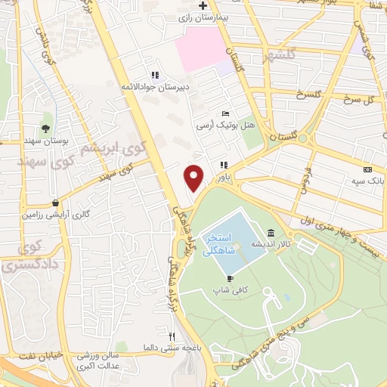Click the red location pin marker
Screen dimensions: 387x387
[x=194, y=178]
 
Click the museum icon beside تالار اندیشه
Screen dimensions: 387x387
[x=271, y=232]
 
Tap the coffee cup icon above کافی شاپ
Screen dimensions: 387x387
[x=220, y=278]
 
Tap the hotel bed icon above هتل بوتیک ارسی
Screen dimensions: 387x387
[x=224, y=113]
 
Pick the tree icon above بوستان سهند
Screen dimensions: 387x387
[x=46, y=128]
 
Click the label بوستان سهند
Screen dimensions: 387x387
[x=46, y=141]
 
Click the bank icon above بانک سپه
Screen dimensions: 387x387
[x=367, y=170]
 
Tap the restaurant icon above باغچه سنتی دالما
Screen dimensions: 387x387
[x=172, y=336]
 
